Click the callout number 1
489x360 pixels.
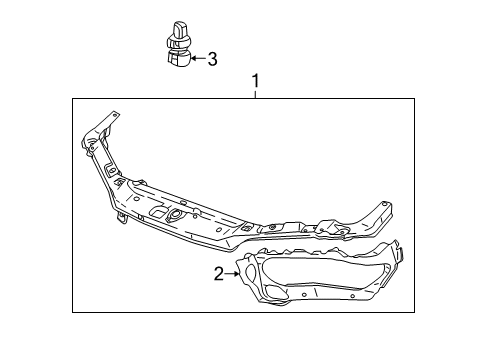click(x=255, y=80)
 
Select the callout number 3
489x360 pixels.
click(x=211, y=59)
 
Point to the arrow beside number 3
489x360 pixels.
click(x=197, y=59)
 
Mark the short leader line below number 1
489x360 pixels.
click(x=255, y=93)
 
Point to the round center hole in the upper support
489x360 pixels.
click(x=175, y=214)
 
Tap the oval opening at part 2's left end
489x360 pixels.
click(x=244, y=267)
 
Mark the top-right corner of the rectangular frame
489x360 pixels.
click(x=414, y=99)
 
